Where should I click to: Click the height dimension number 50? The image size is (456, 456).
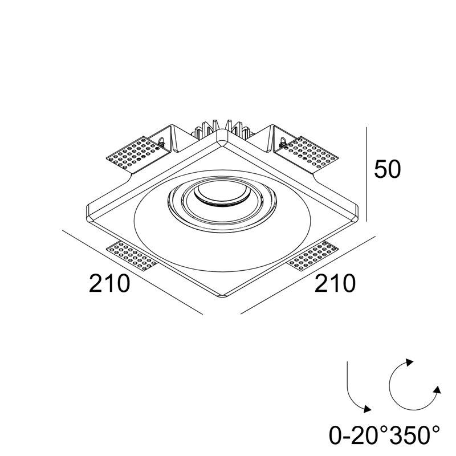[387, 169]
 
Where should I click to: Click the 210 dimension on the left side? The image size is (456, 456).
[109, 283]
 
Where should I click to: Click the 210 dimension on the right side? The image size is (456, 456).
[335, 283]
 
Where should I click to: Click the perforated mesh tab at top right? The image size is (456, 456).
[309, 153]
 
